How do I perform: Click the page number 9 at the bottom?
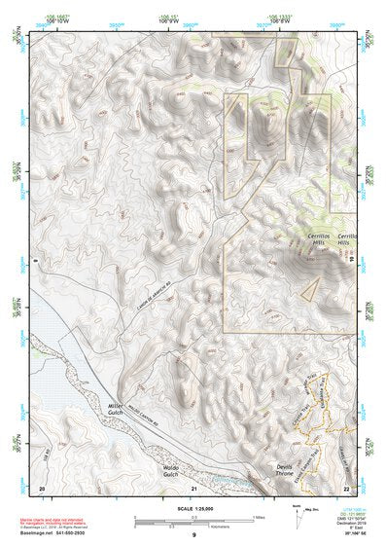pos(193,536)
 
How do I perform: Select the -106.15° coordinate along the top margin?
pos(169,17)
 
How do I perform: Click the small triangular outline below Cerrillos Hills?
pos(310,288)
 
